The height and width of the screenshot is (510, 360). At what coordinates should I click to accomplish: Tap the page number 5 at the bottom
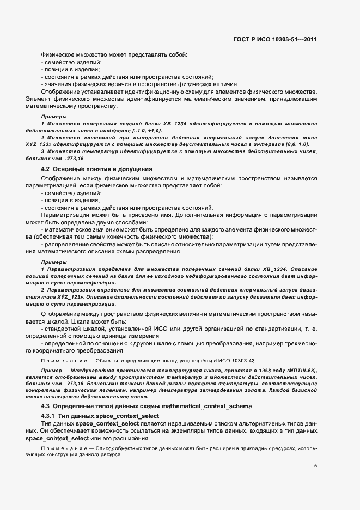tap(315, 465)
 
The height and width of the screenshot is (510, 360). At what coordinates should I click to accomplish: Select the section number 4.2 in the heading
tap(46, 169)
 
